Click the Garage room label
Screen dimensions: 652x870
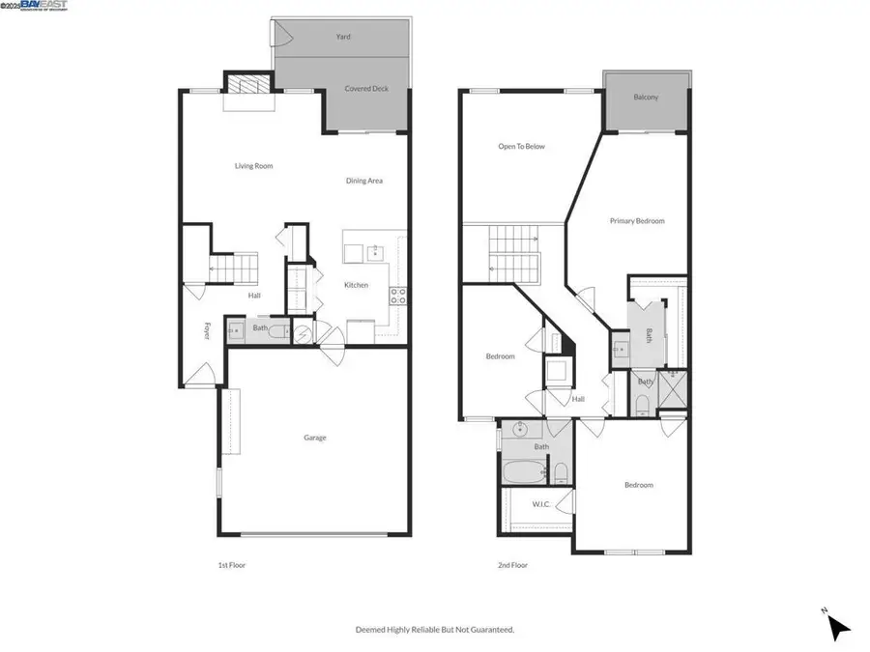point(315,438)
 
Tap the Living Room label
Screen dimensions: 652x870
point(254,166)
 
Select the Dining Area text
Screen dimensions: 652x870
point(365,181)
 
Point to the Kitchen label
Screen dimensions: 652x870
point(358,285)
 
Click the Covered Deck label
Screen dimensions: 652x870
point(366,89)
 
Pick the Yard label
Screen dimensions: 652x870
point(343,37)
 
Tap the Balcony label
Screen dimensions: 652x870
point(646,98)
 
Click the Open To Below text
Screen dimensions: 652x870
point(522,147)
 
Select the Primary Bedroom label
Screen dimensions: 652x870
point(637,221)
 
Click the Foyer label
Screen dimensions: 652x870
point(207,330)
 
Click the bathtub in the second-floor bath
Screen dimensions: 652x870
point(523,472)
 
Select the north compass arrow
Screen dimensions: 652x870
point(837,627)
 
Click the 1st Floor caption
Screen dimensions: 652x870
point(232,565)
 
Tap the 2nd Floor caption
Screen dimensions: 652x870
point(512,565)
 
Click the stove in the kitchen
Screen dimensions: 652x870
point(398,296)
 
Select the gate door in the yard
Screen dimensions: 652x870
point(282,34)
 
